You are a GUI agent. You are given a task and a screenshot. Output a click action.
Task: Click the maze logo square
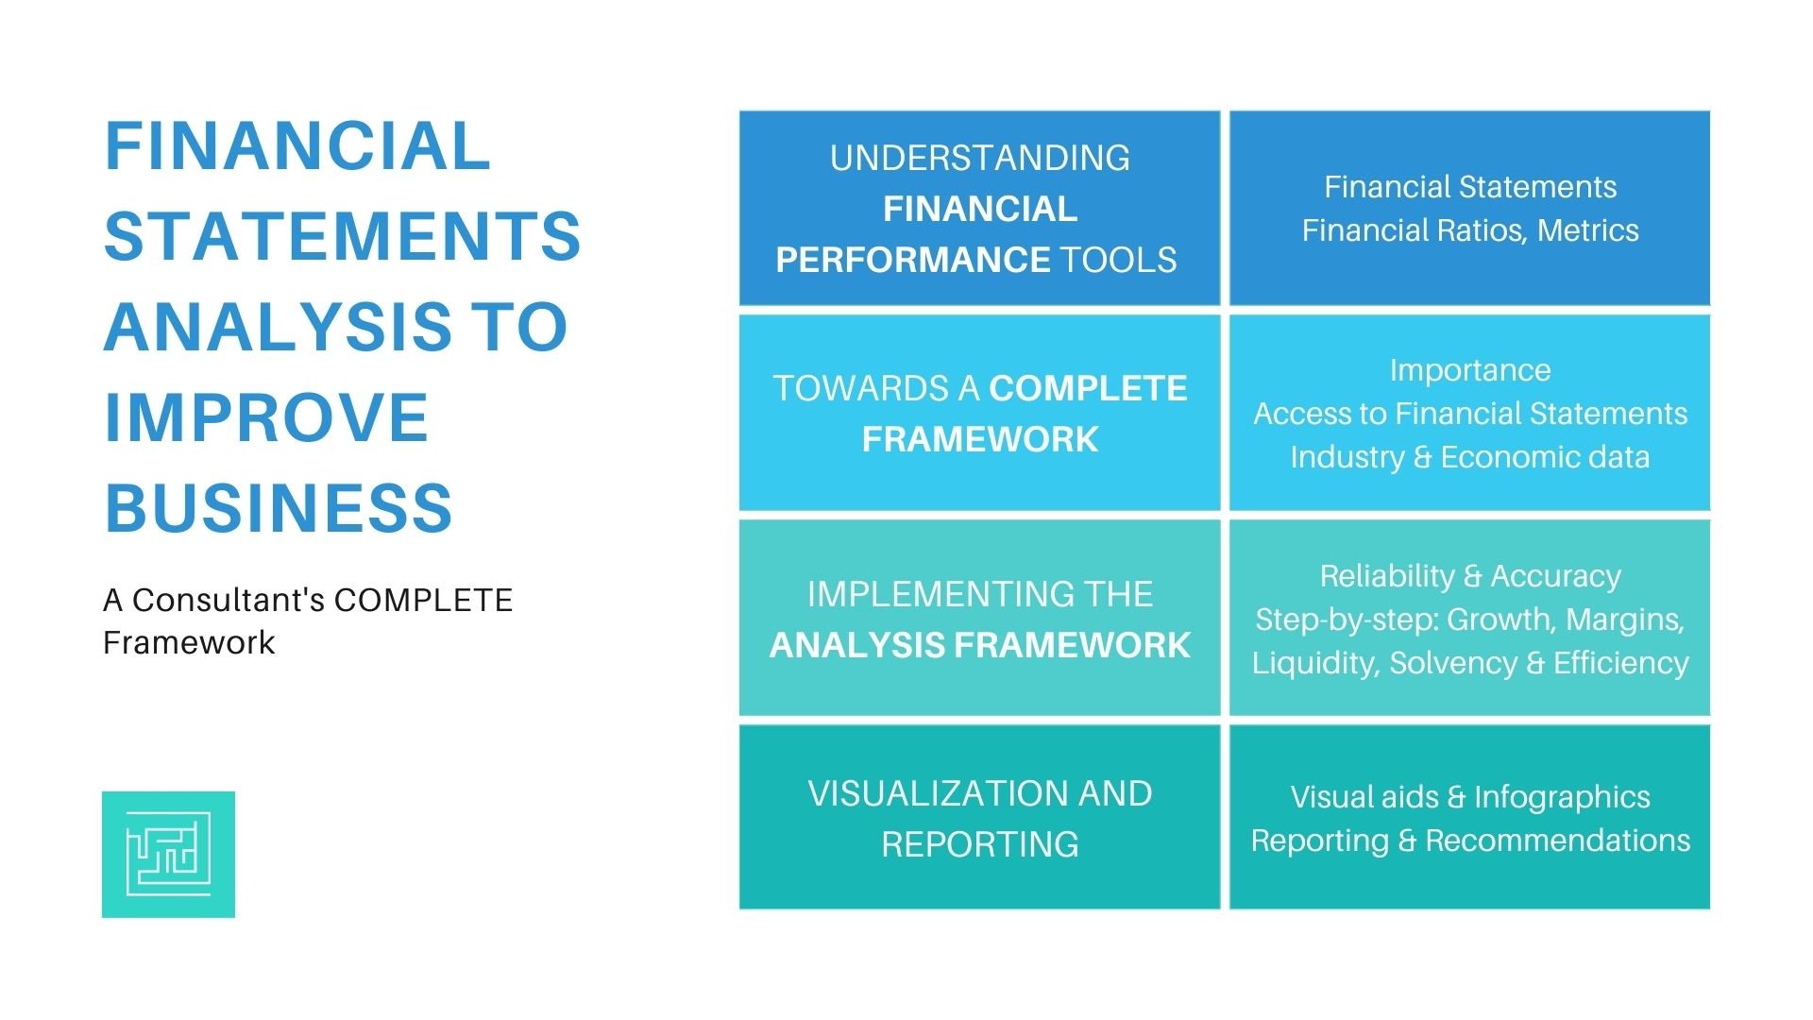point(168,854)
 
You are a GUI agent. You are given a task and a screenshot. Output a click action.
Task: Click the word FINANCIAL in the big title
point(297,146)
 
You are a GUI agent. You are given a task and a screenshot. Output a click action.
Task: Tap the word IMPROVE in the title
point(266,417)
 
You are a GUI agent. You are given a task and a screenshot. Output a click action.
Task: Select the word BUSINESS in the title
point(279,508)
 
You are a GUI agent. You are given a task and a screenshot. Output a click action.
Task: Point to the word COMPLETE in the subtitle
point(423,600)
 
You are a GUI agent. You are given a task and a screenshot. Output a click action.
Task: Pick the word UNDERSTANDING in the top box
point(979,158)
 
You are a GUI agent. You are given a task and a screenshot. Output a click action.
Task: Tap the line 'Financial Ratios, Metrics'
point(1469,230)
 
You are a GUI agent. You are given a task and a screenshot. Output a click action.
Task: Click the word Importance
point(1469,370)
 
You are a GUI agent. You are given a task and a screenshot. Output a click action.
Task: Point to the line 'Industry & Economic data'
point(1469,457)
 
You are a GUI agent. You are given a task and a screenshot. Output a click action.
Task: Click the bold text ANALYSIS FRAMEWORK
point(979,645)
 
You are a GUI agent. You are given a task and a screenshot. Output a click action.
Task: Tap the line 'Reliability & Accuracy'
point(1469,576)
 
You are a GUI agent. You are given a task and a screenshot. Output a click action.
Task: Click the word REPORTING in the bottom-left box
point(979,844)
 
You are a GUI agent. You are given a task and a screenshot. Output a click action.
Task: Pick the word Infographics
point(1562,797)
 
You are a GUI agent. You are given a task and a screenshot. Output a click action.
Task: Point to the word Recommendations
point(1557,841)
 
